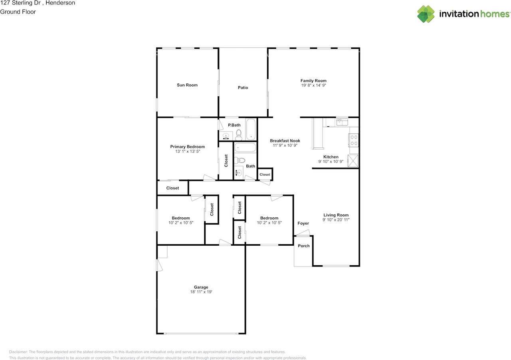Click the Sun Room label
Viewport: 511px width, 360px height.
pos(187,85)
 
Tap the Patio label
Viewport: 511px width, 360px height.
pos(243,88)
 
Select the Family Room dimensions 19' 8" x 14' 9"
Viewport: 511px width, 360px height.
pos(313,86)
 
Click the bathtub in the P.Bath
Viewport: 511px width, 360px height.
pos(251,129)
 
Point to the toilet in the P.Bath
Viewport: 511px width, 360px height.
pos(239,135)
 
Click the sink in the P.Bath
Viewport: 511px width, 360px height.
pos(226,136)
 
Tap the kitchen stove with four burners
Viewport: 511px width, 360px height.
pos(354,140)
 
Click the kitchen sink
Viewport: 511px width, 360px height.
pos(342,122)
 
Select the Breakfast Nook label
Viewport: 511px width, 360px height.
pos(285,141)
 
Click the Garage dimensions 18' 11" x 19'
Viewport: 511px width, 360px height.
pos(201,292)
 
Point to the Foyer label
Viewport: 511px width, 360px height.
pos(303,223)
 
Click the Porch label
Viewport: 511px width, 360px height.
pos(304,246)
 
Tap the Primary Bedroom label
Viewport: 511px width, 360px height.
pos(188,147)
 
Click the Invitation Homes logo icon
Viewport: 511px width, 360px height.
pos(426,14)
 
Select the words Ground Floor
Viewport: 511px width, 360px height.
pos(18,12)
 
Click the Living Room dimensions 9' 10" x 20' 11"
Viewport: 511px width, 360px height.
pos(336,220)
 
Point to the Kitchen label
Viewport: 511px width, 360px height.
pos(331,157)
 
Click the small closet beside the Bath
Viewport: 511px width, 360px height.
pos(265,175)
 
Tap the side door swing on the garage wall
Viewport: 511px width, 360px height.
pos(159,265)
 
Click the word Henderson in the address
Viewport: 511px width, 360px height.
pos(60,3)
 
